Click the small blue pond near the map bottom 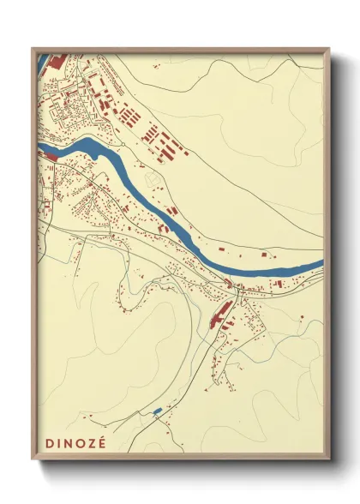(156, 412)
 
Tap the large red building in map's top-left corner (57, 62)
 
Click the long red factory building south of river (219, 314)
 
